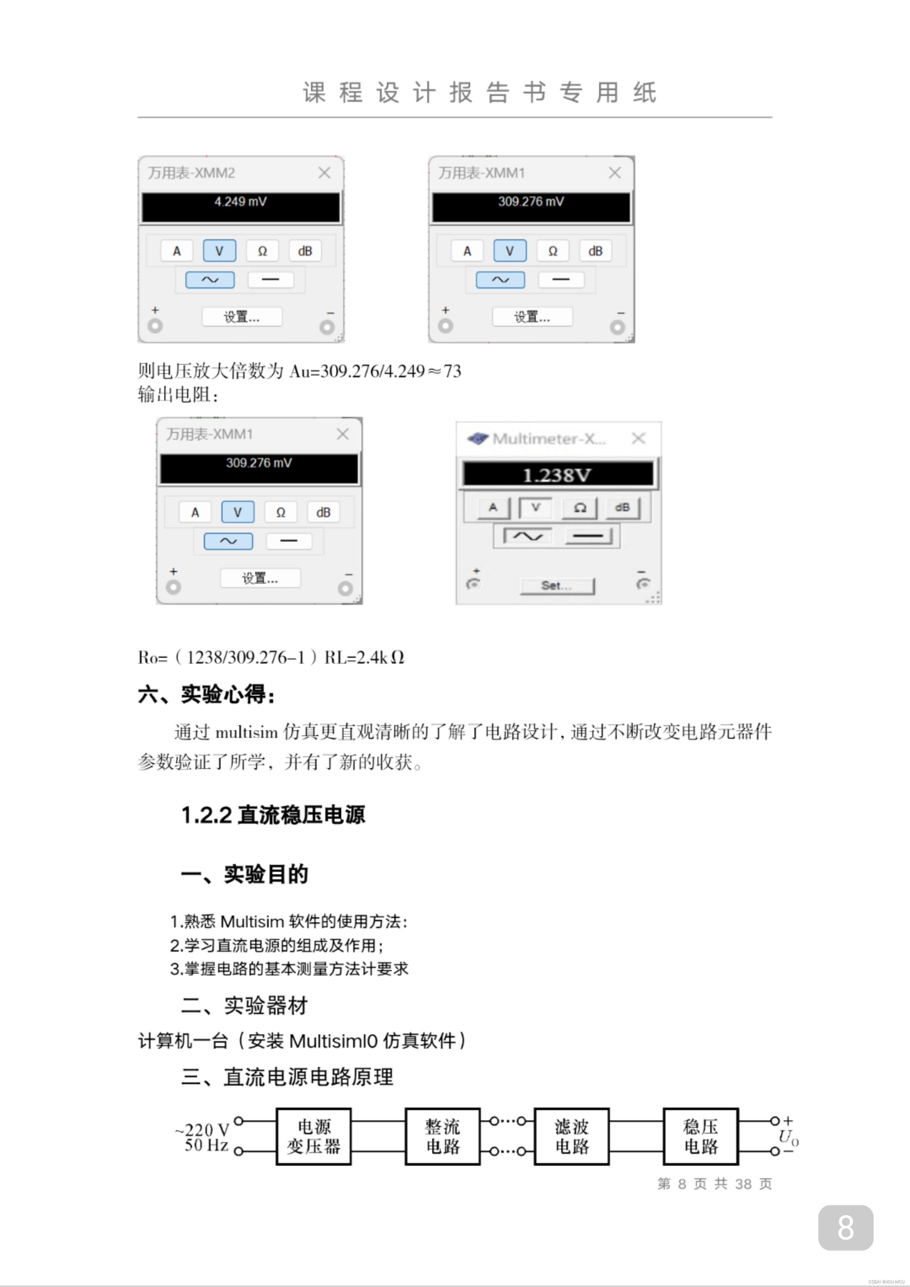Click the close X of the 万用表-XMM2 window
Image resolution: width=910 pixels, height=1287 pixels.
(x=324, y=173)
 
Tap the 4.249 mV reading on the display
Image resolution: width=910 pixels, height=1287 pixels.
(x=241, y=202)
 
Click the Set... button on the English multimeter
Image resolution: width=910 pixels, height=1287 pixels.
(x=557, y=586)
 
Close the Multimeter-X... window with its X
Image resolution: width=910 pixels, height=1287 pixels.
(x=638, y=438)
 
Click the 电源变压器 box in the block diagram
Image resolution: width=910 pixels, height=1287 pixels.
(x=314, y=1136)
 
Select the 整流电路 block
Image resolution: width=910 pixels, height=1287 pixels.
(x=443, y=1136)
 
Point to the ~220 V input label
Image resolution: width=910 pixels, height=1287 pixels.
(x=202, y=1129)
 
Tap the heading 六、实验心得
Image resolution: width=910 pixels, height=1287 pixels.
(x=206, y=695)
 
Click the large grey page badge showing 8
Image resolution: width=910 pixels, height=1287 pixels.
(x=846, y=1228)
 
